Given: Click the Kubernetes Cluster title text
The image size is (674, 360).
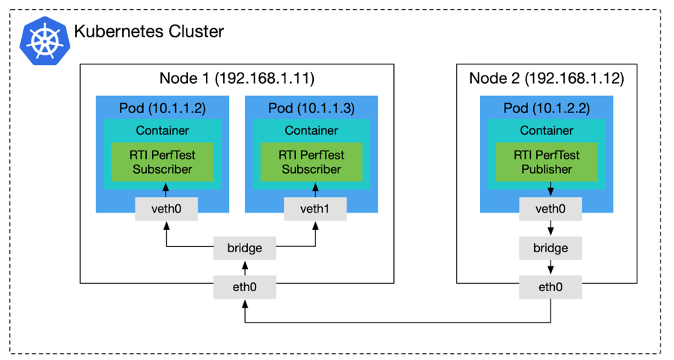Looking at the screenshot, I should coord(148,32).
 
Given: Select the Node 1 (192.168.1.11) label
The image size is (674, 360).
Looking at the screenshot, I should coord(237,79).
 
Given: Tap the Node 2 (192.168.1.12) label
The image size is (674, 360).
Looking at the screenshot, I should coord(547,79).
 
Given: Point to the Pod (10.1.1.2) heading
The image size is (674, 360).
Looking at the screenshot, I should coord(163,109).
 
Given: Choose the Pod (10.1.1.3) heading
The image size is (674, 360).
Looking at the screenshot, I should coord(312,109).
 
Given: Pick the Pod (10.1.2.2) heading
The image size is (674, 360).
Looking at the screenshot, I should coord(547,109).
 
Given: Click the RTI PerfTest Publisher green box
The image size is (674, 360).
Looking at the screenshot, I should coord(547,162).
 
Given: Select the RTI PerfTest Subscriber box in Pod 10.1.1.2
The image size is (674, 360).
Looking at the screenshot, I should coord(163,162).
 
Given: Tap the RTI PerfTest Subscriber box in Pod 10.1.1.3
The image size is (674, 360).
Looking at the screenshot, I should coord(312,162).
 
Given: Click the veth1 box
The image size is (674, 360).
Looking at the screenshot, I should coord(315,209).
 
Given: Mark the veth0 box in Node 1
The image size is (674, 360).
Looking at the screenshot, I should coord(166,209).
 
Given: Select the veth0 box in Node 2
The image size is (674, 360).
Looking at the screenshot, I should coord(550,209).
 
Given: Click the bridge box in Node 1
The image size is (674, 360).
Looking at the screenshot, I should coord(244,248).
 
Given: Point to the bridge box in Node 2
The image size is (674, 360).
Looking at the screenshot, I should coord(550,248).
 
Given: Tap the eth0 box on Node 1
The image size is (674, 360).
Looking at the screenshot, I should coord(244,287).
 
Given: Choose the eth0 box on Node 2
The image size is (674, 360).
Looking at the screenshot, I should coord(550,287).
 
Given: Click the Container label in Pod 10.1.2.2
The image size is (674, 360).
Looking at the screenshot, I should coord(547,130).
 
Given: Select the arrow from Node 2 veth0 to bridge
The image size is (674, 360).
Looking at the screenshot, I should coord(550,228).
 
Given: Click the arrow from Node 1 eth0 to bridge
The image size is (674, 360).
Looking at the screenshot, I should coord(244,267).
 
